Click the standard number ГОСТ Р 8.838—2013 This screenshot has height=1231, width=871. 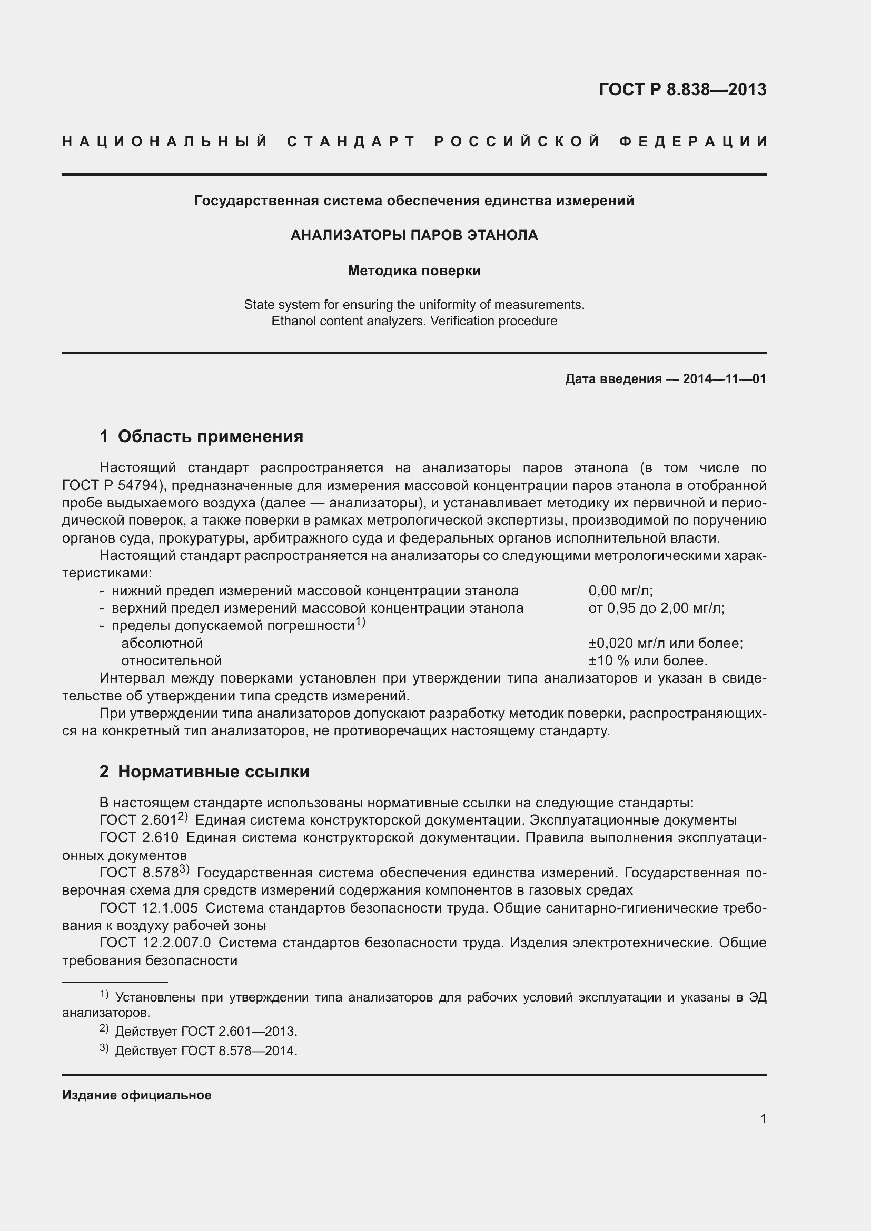682,89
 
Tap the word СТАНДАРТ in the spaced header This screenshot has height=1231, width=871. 351,142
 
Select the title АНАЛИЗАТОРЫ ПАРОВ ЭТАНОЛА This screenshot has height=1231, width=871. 414,235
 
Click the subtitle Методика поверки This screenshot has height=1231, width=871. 414,271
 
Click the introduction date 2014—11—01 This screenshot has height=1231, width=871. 724,379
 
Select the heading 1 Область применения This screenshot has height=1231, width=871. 201,436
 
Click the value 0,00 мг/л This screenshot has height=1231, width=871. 620,591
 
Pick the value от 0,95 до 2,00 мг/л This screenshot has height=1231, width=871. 657,608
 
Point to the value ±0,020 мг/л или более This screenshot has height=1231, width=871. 665,643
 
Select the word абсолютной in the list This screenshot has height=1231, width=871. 162,643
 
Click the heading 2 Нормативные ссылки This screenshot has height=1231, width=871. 204,772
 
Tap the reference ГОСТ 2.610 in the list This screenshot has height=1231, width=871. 139,837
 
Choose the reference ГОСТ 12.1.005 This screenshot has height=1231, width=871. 149,908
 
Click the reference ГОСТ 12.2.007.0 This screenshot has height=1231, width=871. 155,943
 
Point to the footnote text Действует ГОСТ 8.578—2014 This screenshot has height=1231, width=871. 206,1050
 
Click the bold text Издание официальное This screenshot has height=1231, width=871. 137,1095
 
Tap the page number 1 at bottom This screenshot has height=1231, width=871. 763,1118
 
